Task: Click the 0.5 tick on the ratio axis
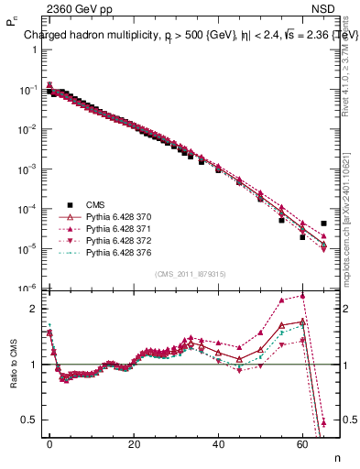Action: coord(27,420)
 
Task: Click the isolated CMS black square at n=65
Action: coord(324,223)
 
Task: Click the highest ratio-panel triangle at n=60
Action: coord(303,296)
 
